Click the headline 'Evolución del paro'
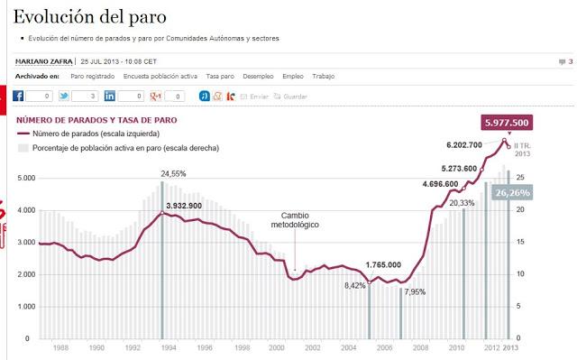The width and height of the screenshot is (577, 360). (x=90, y=17)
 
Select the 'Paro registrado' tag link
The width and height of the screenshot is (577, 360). (x=93, y=77)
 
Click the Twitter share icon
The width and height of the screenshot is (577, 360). (x=64, y=96)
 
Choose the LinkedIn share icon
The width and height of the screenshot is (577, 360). (x=109, y=96)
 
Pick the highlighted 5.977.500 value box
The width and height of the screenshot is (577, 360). (x=506, y=123)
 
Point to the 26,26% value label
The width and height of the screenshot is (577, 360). (x=512, y=192)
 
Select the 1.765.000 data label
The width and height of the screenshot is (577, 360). (x=390, y=265)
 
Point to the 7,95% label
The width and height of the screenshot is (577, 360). (x=416, y=291)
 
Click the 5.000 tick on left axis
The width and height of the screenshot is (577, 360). (x=25, y=179)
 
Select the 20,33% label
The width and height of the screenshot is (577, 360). (x=462, y=203)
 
